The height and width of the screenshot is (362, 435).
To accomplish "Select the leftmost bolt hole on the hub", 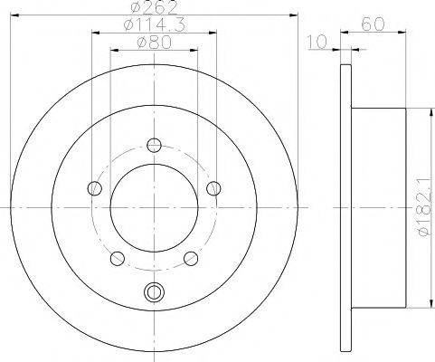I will point(95,188).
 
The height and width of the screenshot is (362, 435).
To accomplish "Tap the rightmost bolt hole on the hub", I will point(213,188).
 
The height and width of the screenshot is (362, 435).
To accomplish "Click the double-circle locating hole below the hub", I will point(154,291).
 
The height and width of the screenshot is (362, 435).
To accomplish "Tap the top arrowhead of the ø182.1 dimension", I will point(416,111).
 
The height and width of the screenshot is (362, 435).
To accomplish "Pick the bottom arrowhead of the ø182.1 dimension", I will point(416,311).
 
